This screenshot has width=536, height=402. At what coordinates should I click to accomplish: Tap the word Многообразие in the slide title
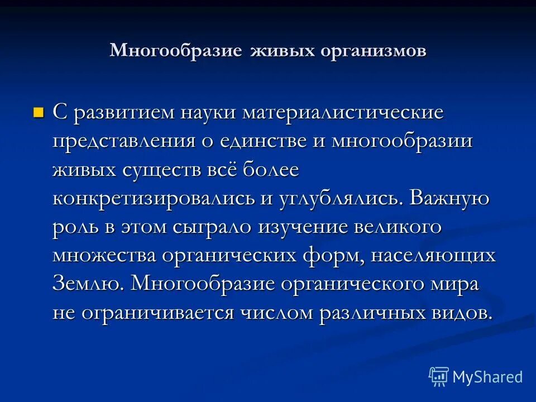[x=176, y=50]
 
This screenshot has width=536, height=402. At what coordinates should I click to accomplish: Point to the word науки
[x=210, y=112]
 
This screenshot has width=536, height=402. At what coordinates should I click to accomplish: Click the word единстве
[x=259, y=141]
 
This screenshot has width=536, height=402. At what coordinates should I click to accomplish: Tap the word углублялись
[x=340, y=198]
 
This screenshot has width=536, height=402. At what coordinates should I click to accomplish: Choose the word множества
[x=104, y=256]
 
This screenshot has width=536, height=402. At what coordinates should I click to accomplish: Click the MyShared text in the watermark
[x=487, y=377]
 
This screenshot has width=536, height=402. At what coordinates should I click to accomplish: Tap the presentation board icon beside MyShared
[x=439, y=376]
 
